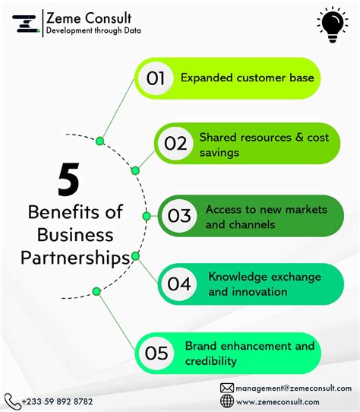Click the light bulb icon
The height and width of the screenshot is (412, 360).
tap(333, 25)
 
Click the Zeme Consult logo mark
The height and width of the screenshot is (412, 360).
tap(26, 24)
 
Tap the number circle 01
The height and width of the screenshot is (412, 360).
tap(156, 78)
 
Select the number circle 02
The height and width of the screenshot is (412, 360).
tap(175, 144)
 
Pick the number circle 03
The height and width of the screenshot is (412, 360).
tap(179, 216)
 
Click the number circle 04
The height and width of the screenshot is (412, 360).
tap(179, 284)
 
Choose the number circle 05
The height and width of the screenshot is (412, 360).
tap(156, 353)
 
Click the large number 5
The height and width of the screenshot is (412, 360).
tap(68, 179)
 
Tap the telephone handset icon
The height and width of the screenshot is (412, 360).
tap(12, 401)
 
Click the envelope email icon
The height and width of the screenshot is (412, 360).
tap(227, 388)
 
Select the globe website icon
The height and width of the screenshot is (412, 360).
tap(227, 401)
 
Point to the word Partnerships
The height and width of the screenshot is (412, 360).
tap(75, 258)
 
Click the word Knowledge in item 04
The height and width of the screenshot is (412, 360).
tap(238, 277)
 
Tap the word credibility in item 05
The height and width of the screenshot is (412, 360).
tap(211, 361)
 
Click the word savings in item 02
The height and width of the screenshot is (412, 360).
tap(219, 153)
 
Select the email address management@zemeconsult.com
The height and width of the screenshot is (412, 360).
tap(294, 388)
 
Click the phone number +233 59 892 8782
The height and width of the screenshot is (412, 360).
tap(57, 401)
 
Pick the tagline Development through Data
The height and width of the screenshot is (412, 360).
tap(93, 30)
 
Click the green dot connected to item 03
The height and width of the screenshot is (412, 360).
tap(147, 216)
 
